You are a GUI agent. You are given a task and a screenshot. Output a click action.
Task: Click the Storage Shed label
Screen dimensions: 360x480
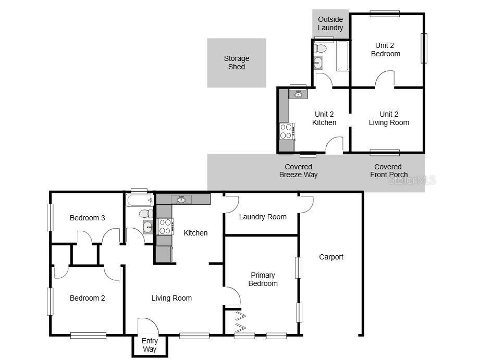[237, 63]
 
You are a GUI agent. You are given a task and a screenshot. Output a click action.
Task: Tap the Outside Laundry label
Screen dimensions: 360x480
[330, 23]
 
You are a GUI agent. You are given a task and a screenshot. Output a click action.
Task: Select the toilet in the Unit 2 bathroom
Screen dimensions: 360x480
[321, 49]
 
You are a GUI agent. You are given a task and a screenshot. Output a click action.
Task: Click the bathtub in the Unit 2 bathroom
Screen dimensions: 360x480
[342, 57]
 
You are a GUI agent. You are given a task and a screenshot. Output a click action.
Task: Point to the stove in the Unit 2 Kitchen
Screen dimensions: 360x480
[286, 131]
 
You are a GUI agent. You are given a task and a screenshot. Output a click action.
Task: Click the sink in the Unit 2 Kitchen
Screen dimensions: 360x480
[298, 94]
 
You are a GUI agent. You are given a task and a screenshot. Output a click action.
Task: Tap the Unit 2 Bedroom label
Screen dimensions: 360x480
[386, 49]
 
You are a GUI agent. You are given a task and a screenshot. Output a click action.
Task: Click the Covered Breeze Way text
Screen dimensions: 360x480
[298, 171]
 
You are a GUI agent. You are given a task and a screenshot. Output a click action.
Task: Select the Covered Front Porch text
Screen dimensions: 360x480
[389, 171]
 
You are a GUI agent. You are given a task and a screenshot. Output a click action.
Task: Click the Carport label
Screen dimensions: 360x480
[331, 257]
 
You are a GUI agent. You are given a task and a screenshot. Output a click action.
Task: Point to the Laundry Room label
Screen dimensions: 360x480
[263, 217]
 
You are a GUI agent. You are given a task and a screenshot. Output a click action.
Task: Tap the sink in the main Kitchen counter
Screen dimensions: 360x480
[181, 199]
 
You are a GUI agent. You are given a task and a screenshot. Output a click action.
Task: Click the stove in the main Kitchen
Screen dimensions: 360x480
[165, 226]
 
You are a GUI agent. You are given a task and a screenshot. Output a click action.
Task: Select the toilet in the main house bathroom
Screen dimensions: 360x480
[146, 214]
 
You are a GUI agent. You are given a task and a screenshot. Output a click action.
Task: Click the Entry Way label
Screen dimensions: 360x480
[150, 345]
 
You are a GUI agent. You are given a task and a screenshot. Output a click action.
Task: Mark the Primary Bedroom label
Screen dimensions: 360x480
[263, 279]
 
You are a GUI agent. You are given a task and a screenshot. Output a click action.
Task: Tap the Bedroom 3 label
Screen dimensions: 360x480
[88, 218]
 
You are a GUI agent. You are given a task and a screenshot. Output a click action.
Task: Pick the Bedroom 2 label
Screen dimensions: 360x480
[88, 298]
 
